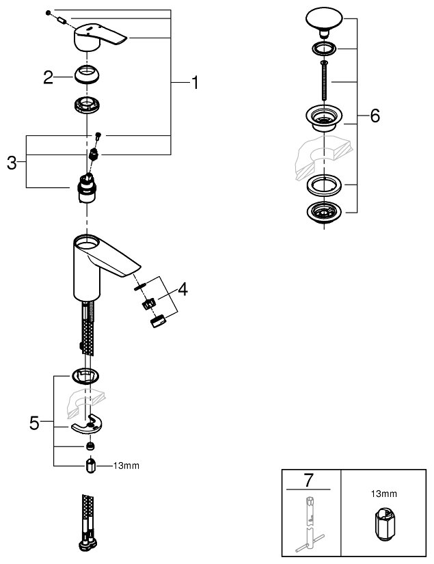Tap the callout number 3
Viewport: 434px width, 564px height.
pos(12,162)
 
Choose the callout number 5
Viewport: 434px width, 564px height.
pos(34,424)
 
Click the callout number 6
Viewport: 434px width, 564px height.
pos(374,116)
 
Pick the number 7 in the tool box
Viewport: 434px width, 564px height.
pos(310,479)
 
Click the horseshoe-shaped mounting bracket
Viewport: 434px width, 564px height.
pos(90,425)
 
